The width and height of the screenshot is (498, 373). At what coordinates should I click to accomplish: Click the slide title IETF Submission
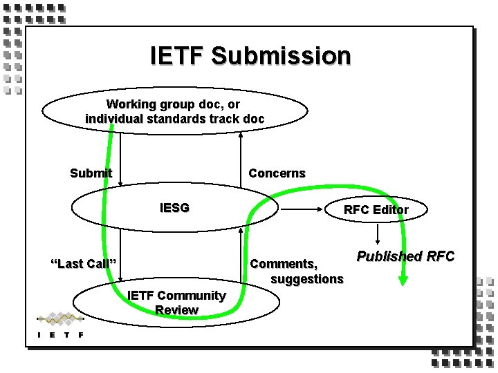[250, 56]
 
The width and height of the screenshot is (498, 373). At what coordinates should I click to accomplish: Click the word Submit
[91, 173]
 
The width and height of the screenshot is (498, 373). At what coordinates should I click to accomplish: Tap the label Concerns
[277, 173]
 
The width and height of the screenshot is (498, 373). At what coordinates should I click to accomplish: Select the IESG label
[174, 207]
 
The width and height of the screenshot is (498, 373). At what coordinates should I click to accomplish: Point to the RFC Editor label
[376, 209]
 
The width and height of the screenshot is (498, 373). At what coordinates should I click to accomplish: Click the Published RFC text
[405, 256]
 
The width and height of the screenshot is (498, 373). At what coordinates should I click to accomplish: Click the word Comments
[284, 263]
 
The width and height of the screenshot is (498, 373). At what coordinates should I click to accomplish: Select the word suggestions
[306, 278]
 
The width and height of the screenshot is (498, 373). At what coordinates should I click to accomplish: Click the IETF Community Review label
[176, 303]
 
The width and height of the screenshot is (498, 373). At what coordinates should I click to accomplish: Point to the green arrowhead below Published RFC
[404, 279]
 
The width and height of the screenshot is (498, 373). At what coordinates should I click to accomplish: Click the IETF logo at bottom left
[61, 325]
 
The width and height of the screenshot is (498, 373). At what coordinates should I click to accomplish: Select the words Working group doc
[174, 104]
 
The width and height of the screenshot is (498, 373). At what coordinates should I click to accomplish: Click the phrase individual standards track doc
[174, 119]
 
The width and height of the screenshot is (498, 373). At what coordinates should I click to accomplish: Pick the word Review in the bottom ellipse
[176, 310]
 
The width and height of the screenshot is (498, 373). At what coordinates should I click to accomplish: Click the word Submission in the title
[282, 56]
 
